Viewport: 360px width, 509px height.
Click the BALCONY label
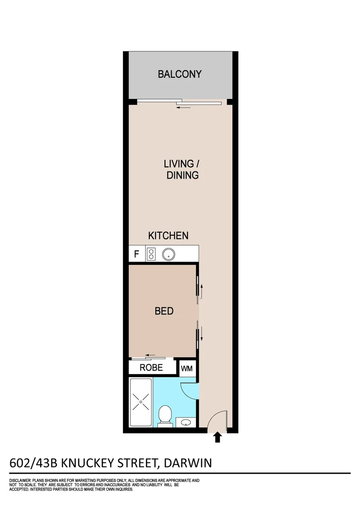point(180,74)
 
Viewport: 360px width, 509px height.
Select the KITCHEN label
point(168,236)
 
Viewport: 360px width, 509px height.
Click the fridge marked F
point(137,254)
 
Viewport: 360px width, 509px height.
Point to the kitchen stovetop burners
point(152,254)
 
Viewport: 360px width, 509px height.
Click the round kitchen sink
point(168,254)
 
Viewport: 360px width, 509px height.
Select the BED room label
point(164,311)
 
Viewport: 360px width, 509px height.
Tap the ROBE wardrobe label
point(151,368)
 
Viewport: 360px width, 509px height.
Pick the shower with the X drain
point(141,402)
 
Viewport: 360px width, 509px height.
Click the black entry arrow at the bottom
point(217,437)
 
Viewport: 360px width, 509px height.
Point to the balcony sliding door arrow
point(184,107)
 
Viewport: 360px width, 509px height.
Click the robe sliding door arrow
point(150,355)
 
